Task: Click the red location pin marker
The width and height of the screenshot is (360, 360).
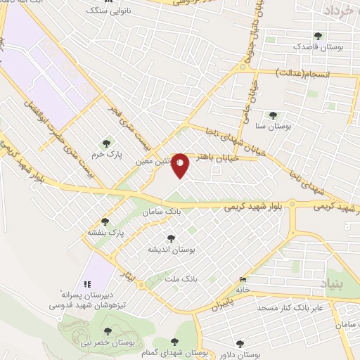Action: pyautogui.click(x=181, y=165)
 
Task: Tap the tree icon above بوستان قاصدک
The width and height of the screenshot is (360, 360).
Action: pyautogui.click(x=319, y=35)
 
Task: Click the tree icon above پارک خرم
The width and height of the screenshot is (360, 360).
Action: pyautogui.click(x=107, y=143)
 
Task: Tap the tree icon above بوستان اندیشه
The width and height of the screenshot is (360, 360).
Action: pyautogui.click(x=171, y=238)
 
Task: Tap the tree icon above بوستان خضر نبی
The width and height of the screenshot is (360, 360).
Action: pyautogui.click(x=108, y=330)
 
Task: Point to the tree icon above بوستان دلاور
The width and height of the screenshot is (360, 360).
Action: pyautogui.click(x=240, y=344)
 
